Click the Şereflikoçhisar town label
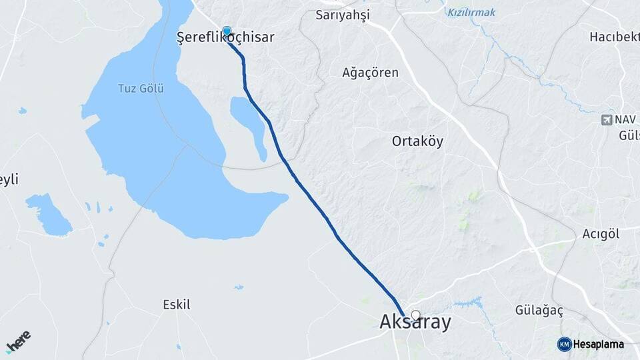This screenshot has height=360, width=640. coord(225,37)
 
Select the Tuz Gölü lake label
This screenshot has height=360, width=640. coord(141,88)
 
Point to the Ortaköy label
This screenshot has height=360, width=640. coord(417,141)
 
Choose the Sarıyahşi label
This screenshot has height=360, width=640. coord(343,15)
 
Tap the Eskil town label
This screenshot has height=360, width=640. coord(177,305)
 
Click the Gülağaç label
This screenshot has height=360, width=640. coord(539,311)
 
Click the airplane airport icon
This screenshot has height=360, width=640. coord(607,120)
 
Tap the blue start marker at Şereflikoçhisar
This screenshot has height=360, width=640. coord(227,31)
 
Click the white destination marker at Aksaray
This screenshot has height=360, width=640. coord(416,315)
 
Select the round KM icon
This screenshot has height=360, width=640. coord(564,344)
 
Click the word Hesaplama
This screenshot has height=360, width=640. coord(599,344)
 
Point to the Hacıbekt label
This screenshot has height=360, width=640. coord(614,37)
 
